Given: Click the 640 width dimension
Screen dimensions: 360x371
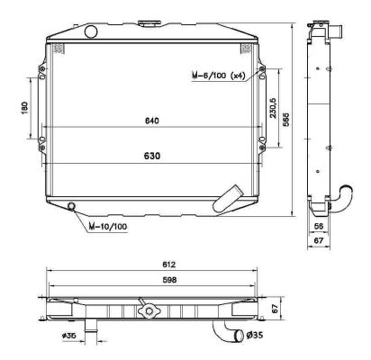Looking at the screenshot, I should (150, 121).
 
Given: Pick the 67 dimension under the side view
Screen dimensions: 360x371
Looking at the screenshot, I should (320, 241).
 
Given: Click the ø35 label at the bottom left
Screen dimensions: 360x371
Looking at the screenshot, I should (68, 337).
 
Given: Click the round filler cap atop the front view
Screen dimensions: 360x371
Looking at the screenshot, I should (90, 32).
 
